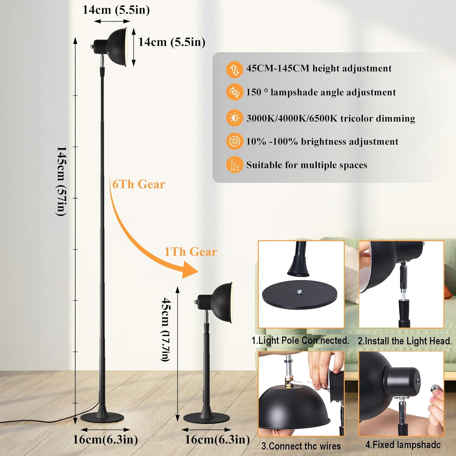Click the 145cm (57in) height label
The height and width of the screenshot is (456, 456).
click(x=62, y=181)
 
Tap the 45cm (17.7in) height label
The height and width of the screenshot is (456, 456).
click(x=166, y=330)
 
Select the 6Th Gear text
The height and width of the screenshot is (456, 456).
click(x=139, y=184)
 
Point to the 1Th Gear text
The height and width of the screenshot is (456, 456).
click(x=191, y=252)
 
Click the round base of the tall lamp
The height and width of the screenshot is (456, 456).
click(x=102, y=418)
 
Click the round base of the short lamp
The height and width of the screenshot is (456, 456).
click(x=206, y=418)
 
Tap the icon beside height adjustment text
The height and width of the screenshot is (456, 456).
click(x=234, y=69)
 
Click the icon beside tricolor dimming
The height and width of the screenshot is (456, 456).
click(x=234, y=118)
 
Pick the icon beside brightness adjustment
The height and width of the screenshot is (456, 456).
click(x=234, y=141)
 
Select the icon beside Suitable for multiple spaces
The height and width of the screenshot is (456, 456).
click(x=234, y=165)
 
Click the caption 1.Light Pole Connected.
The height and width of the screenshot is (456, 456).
click(x=300, y=340)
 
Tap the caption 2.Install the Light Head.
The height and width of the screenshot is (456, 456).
click(x=405, y=341)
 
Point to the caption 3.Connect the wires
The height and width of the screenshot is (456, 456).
click(x=301, y=446)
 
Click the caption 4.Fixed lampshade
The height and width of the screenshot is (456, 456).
click(x=403, y=445)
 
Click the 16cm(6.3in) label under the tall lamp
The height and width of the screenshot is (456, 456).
click(x=105, y=440)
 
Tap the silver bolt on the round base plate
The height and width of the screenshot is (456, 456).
click(x=299, y=292)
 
